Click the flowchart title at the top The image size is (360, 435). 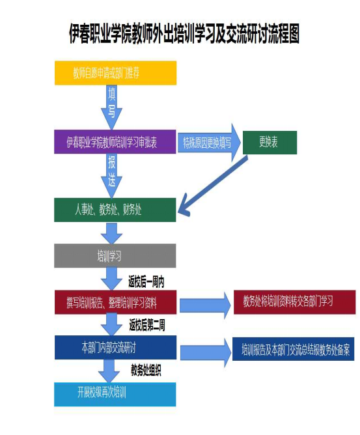[184, 34]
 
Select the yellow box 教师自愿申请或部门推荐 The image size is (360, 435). [115, 73]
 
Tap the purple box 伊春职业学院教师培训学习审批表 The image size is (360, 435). [115, 142]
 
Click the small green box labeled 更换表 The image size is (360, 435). [270, 143]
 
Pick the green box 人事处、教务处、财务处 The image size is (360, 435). [115, 210]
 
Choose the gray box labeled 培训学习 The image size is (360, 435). [115, 255]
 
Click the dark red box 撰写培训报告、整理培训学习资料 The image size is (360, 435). [115, 302]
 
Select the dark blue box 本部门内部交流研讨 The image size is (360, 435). [115, 347]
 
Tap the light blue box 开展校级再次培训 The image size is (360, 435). [115, 394]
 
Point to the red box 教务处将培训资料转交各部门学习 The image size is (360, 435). [294, 302]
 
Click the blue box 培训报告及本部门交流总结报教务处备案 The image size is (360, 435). [293, 349]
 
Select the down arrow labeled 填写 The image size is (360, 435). [111, 107]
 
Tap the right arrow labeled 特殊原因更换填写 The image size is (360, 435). [209, 143]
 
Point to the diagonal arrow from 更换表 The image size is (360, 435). [212, 186]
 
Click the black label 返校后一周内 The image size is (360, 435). [146, 282]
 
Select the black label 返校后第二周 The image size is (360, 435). [147, 325]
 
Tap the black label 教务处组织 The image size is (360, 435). [146, 370]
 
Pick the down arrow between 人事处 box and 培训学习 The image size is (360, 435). [111, 233]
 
